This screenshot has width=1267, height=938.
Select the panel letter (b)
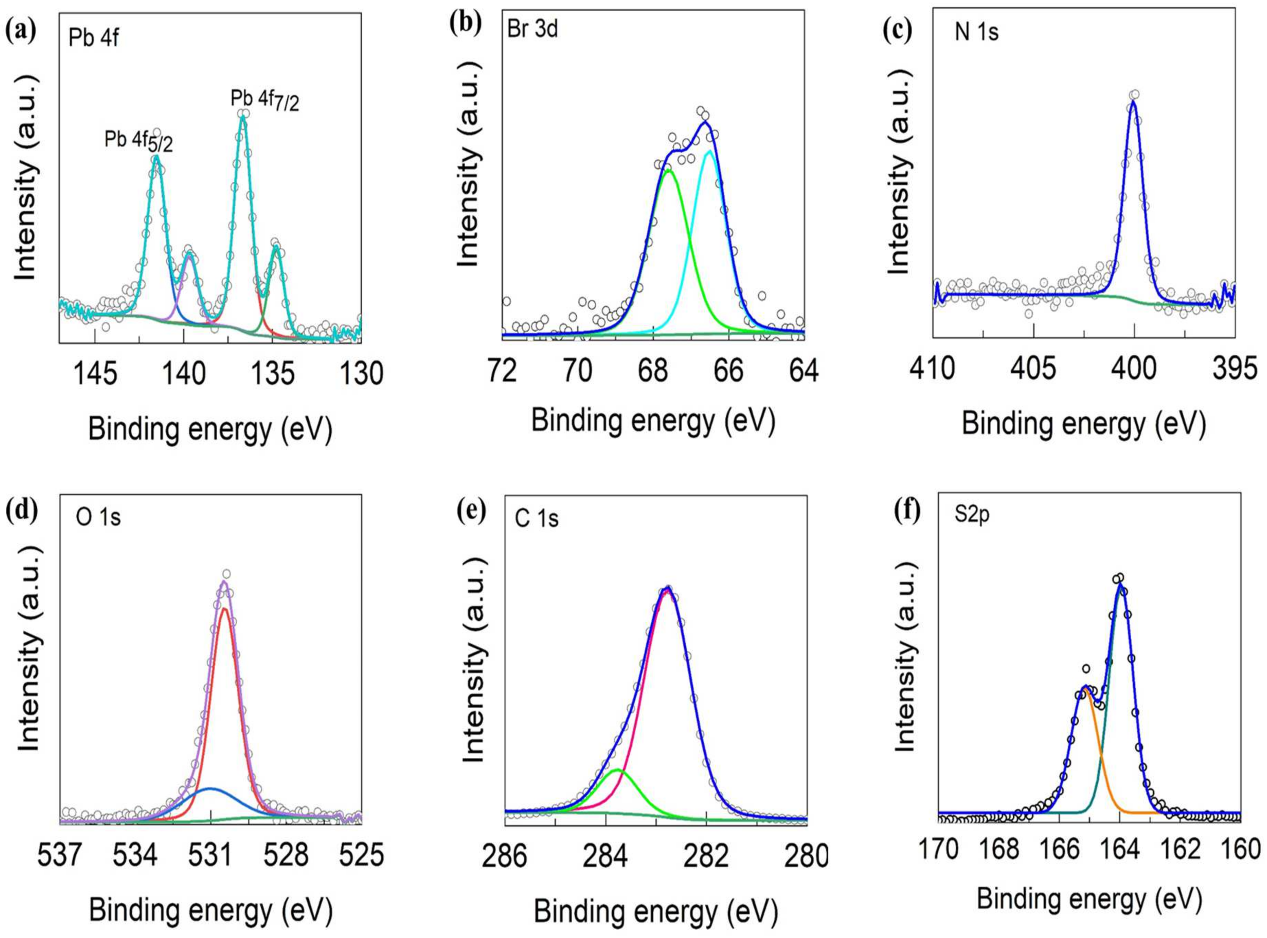[465, 24]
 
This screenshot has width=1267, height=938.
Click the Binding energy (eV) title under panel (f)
[1089, 900]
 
